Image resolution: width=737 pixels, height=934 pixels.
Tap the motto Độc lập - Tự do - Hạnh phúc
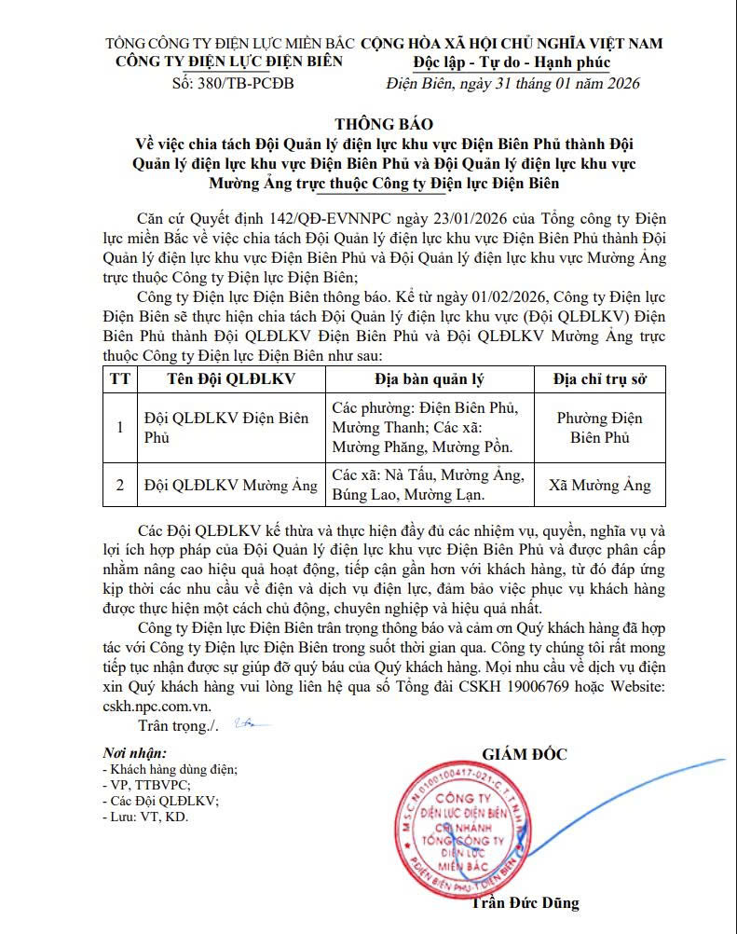coord(512,62)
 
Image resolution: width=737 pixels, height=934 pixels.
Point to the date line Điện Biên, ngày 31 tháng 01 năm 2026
coord(512,83)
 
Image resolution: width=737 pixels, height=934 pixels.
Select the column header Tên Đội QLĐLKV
coord(230,379)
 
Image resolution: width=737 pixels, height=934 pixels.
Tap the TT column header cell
coord(119,379)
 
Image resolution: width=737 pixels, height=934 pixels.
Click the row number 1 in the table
coord(119,428)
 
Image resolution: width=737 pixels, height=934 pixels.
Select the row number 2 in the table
coord(119,486)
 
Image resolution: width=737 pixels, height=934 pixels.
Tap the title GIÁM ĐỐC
coord(524,754)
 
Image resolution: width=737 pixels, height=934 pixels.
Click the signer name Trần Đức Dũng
coord(525,902)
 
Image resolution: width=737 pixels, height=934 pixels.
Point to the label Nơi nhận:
coord(135,753)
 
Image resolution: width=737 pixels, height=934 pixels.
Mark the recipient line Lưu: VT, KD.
coord(145,817)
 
